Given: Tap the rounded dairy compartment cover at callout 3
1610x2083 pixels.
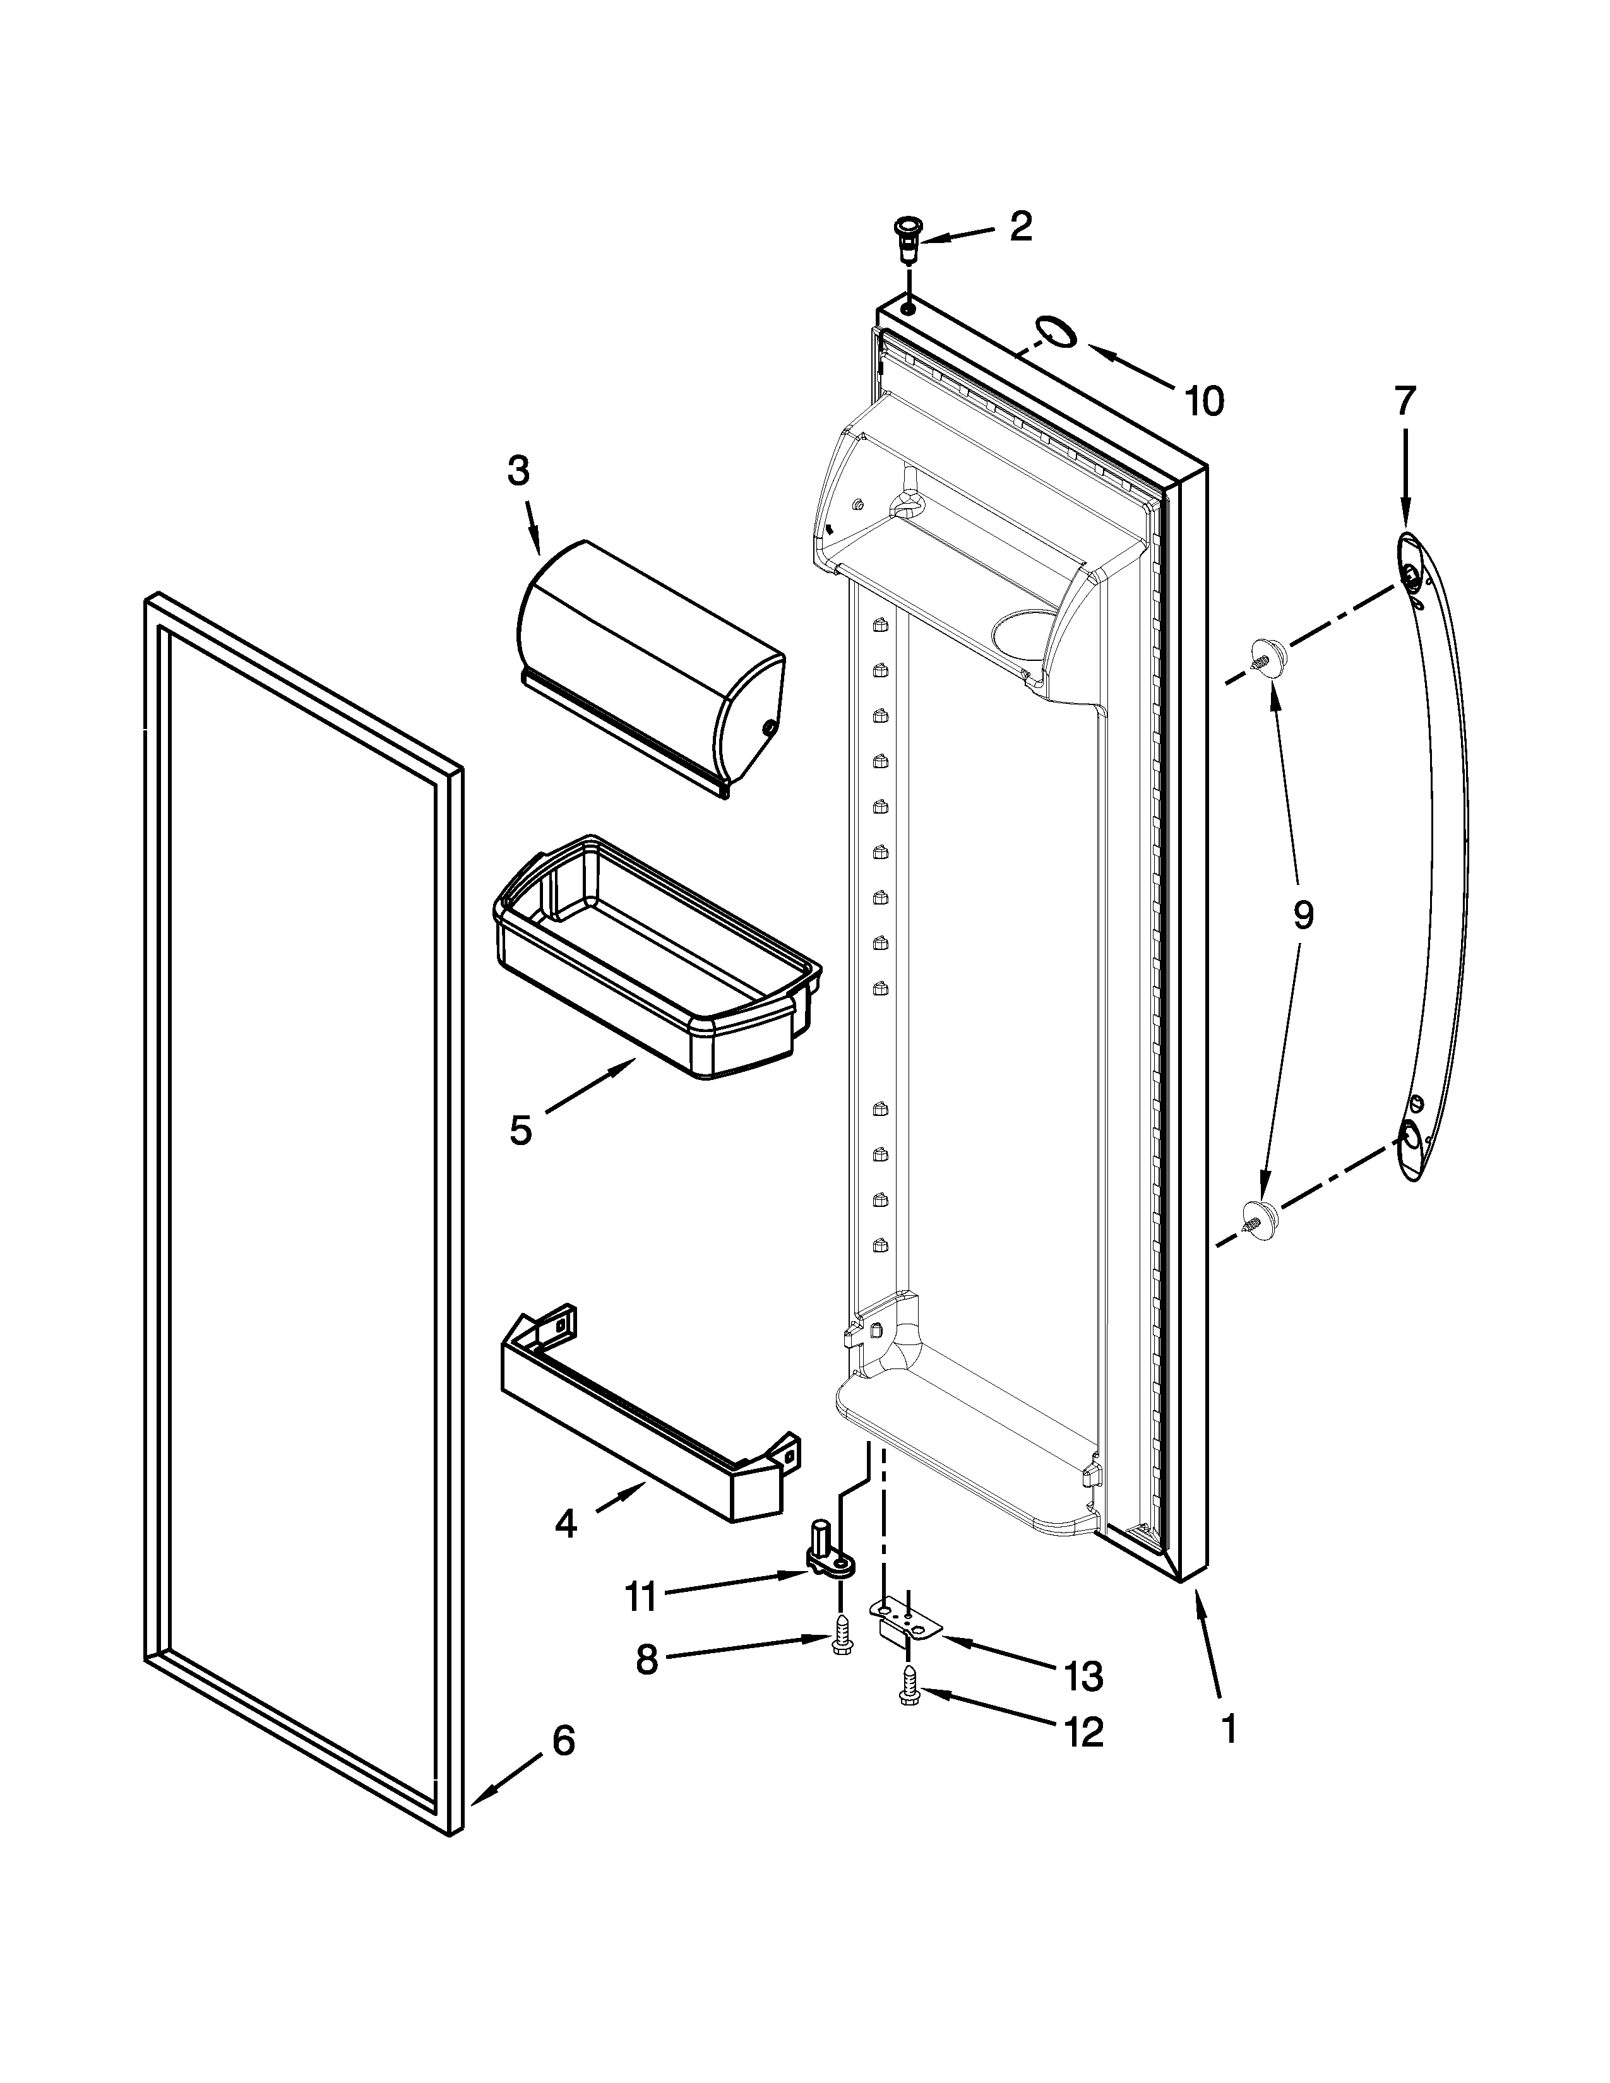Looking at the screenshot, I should [x=648, y=668].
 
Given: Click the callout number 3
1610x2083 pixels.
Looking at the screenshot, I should [x=518, y=470].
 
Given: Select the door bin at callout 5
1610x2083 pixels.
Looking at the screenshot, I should [x=658, y=959].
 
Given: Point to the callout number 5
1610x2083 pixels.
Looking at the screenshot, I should [x=520, y=1131].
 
